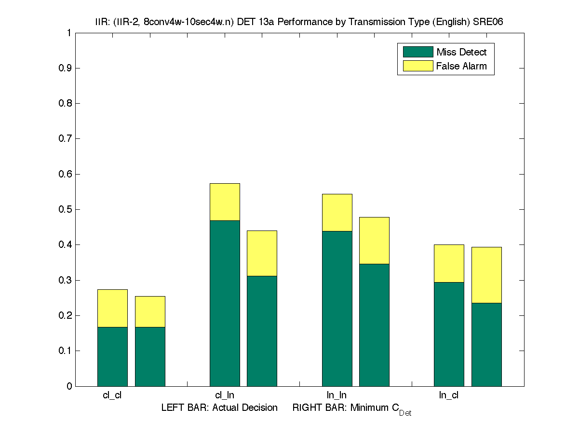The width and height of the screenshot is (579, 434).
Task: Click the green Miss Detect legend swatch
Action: click(x=418, y=52)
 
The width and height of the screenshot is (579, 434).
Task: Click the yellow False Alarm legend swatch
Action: click(x=418, y=66)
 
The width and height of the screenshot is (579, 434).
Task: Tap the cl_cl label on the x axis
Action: click(x=112, y=395)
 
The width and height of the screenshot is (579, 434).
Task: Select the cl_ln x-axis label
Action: click(x=225, y=395)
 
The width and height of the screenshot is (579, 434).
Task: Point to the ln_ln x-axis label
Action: click(x=337, y=395)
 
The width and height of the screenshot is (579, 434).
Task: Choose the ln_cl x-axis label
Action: click(x=449, y=395)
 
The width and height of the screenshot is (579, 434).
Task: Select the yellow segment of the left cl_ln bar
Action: click(x=225, y=202)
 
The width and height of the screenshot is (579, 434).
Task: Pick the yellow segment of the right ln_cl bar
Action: click(x=486, y=275)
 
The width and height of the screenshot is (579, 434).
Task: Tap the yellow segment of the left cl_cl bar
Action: click(x=112, y=308)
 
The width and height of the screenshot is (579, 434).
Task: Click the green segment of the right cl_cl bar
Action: click(x=150, y=356)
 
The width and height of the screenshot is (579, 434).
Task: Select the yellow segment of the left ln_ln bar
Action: click(x=337, y=213)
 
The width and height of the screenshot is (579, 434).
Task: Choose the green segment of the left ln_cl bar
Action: click(x=449, y=334)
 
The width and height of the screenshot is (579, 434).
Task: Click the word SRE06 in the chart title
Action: click(x=489, y=22)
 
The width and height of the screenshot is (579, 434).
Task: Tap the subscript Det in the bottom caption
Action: click(x=405, y=413)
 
